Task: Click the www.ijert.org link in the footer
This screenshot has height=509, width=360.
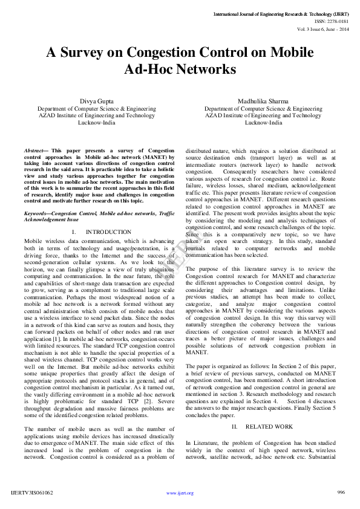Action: (180, 493)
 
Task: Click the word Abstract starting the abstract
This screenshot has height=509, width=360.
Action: (34, 149)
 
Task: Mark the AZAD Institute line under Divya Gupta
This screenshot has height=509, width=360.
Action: (96, 115)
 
